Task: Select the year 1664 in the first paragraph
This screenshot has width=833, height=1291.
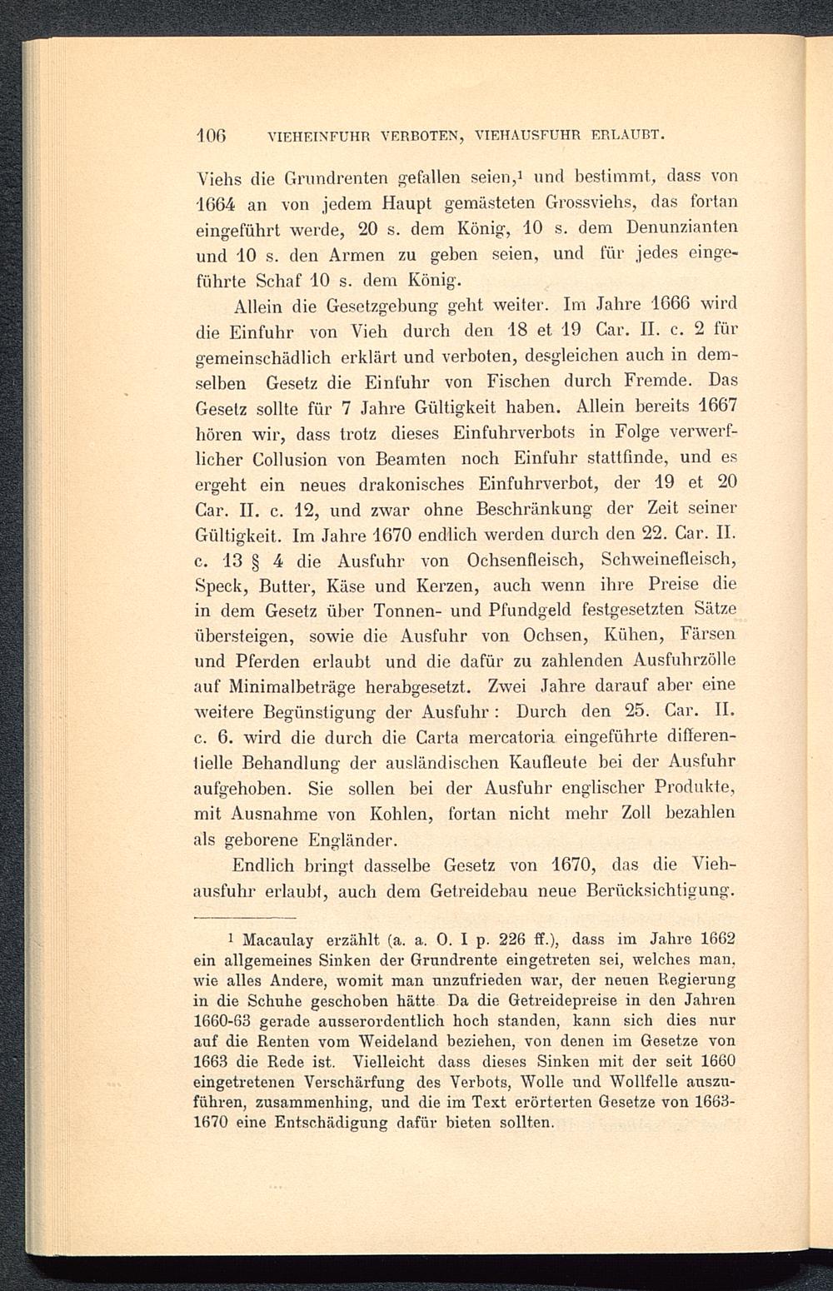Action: pyautogui.click(x=217, y=202)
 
